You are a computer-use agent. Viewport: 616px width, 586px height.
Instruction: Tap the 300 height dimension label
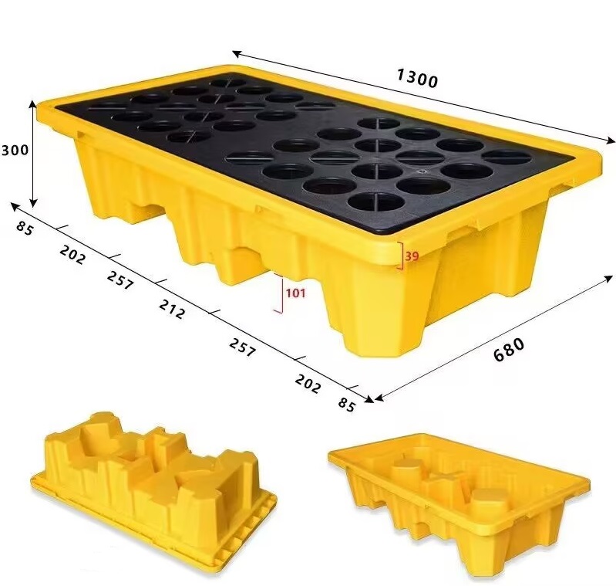click(x=15, y=149)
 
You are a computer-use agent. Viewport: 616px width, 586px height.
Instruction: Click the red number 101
click(x=295, y=293)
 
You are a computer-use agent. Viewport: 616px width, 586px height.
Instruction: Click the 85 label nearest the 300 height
click(x=24, y=228)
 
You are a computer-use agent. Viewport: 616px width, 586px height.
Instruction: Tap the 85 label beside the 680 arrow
click(x=346, y=405)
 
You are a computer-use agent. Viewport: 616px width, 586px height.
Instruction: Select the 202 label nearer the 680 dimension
click(x=307, y=382)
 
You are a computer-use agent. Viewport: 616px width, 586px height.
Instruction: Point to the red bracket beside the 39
click(x=401, y=256)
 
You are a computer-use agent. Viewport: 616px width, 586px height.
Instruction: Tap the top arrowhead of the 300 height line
click(x=33, y=103)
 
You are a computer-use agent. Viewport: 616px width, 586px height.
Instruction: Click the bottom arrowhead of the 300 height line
click(x=33, y=199)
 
